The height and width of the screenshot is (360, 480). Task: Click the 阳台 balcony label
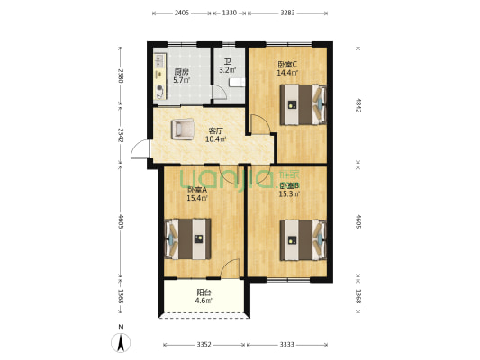[x=204, y=292]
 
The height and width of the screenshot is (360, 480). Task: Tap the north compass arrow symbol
[x=122, y=342]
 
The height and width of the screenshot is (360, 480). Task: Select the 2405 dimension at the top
[x=181, y=13]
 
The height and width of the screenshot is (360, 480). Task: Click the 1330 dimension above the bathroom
[x=229, y=13]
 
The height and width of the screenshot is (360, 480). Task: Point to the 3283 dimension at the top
[x=287, y=13]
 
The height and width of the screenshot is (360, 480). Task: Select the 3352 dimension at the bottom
[x=204, y=344]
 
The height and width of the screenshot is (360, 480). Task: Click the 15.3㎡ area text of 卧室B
[x=288, y=193]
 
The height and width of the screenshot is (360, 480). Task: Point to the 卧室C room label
[x=287, y=64]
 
